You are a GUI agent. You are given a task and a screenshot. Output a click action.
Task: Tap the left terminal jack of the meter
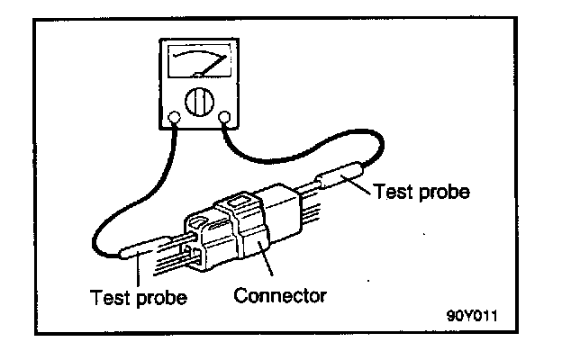pos(173,116)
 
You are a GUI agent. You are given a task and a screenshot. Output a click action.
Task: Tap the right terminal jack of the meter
pos(225,116)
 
